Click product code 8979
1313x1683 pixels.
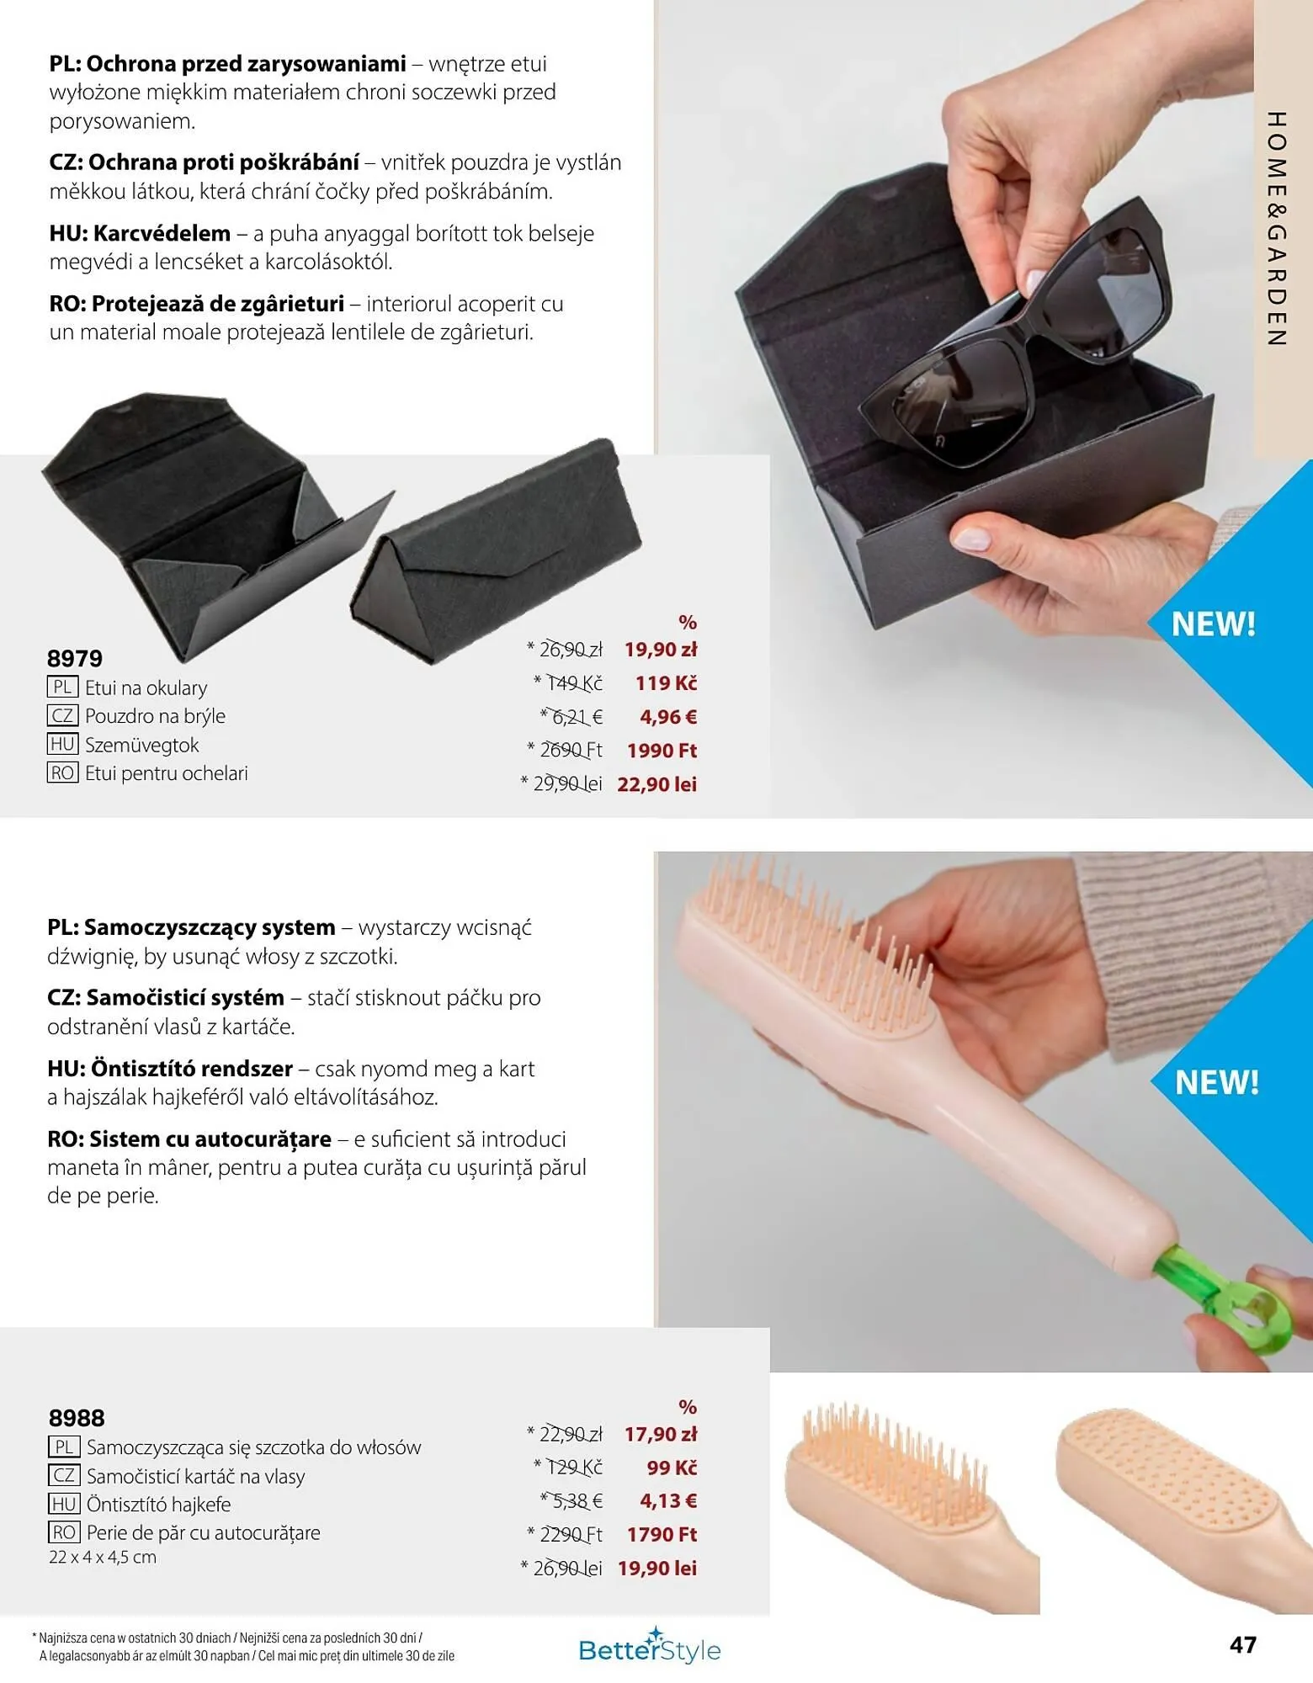tap(75, 658)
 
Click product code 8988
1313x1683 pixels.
tap(77, 1418)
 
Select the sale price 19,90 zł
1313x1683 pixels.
tap(661, 650)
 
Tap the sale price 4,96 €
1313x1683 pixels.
tap(668, 717)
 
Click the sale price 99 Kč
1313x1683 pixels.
tap(672, 1468)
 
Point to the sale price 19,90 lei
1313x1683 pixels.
tap(657, 1569)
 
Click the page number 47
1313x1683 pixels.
tap(1243, 1644)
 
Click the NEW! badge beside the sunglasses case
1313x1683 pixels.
tap(1214, 624)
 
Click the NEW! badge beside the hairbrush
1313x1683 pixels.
tap(1217, 1082)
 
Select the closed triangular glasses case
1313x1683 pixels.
tap(497, 551)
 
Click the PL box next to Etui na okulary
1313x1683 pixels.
tap(62, 687)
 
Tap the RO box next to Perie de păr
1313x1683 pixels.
tap(64, 1532)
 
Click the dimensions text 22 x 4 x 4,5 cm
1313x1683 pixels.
tap(103, 1558)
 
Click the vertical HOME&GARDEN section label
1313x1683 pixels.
tap(1277, 229)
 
